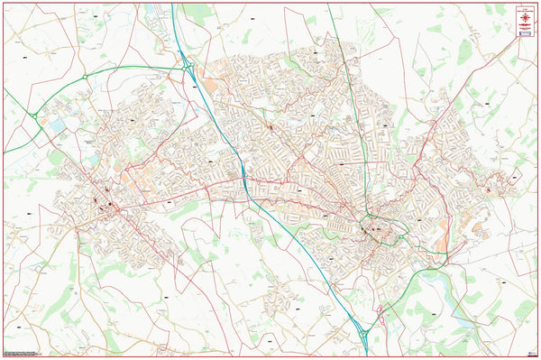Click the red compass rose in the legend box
point(523,14)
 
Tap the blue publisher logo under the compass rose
point(523,32)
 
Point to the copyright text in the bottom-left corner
point(20,351)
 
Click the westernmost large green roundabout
point(32,115)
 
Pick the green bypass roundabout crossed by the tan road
point(85,78)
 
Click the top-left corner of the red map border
point(4,3)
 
